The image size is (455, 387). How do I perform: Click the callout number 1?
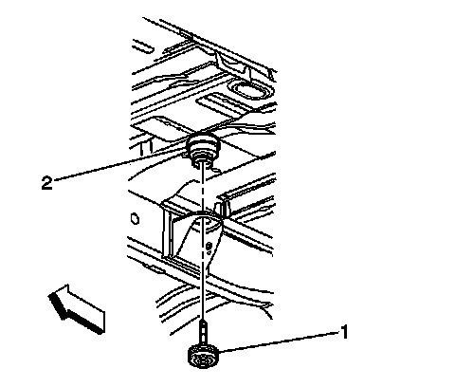click(x=343, y=332)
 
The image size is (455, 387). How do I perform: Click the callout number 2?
click(x=46, y=183)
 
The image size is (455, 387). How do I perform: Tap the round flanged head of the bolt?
click(x=201, y=357)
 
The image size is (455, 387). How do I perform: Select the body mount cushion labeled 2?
click(x=202, y=148)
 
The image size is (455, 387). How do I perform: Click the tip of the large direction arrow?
click(x=48, y=295)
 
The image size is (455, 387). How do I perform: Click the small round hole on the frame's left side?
click(x=136, y=219)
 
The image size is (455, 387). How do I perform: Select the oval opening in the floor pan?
click(x=249, y=89)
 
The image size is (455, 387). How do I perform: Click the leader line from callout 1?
click(x=279, y=341)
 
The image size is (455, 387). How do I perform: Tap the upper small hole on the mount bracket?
click(x=209, y=245)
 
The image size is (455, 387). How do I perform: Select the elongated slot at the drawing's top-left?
click(x=143, y=47)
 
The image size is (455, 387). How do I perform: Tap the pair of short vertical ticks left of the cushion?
click(x=147, y=148)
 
